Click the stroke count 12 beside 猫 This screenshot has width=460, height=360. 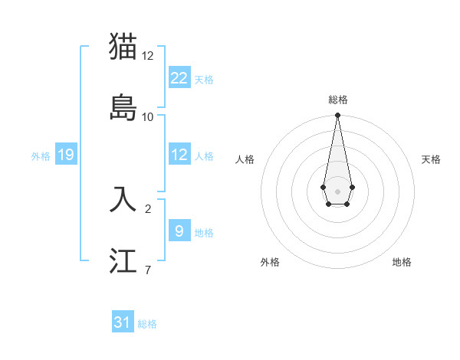pos(147,56)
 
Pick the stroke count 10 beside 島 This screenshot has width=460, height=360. pos(147,117)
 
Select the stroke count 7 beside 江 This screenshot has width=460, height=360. pos(147,270)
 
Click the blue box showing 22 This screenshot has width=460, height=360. pos(179,78)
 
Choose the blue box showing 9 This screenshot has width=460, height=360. pos(179,231)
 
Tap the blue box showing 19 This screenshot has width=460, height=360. pos(65,155)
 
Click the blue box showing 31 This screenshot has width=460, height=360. pos(123,322)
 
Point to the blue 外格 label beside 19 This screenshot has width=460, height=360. pos(41,156)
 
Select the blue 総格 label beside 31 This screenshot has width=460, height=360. pos(147,324)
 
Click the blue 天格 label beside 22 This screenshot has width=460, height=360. pos(204,80)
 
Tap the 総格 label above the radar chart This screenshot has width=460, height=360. pos(337,100)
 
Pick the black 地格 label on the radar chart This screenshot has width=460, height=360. pos(402,262)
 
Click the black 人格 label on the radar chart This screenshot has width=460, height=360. pos(245,159)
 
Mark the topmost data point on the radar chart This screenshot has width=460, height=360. pos(337,116)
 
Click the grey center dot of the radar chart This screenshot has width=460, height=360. pos(337,190)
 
